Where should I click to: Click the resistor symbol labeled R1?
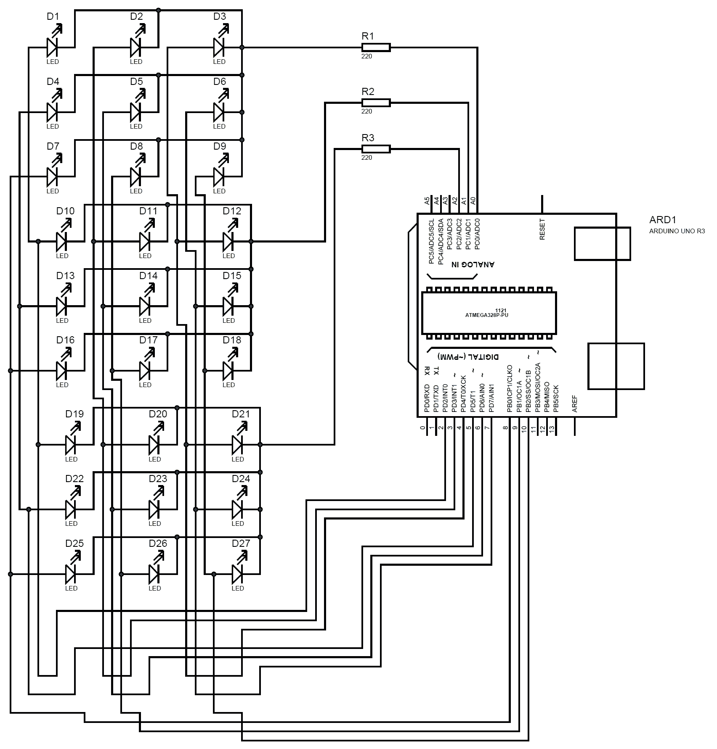coord(376,47)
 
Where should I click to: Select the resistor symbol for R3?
coord(376,149)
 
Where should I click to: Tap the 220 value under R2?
coord(366,111)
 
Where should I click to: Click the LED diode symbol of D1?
coord(53,47)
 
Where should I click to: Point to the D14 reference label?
coord(148,276)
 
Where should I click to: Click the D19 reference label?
coord(74,414)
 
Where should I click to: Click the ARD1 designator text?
coord(662,220)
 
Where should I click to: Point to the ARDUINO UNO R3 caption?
coord(677,231)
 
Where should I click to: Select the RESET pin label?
coord(542,229)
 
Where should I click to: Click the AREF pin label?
coord(575,404)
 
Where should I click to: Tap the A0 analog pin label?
coord(473,201)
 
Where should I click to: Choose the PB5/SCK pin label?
coord(556,398)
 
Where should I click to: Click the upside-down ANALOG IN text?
coord(473,264)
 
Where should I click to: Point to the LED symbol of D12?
coord(228,241)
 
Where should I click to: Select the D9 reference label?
coord(220,146)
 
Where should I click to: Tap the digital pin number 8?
coord(506,428)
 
